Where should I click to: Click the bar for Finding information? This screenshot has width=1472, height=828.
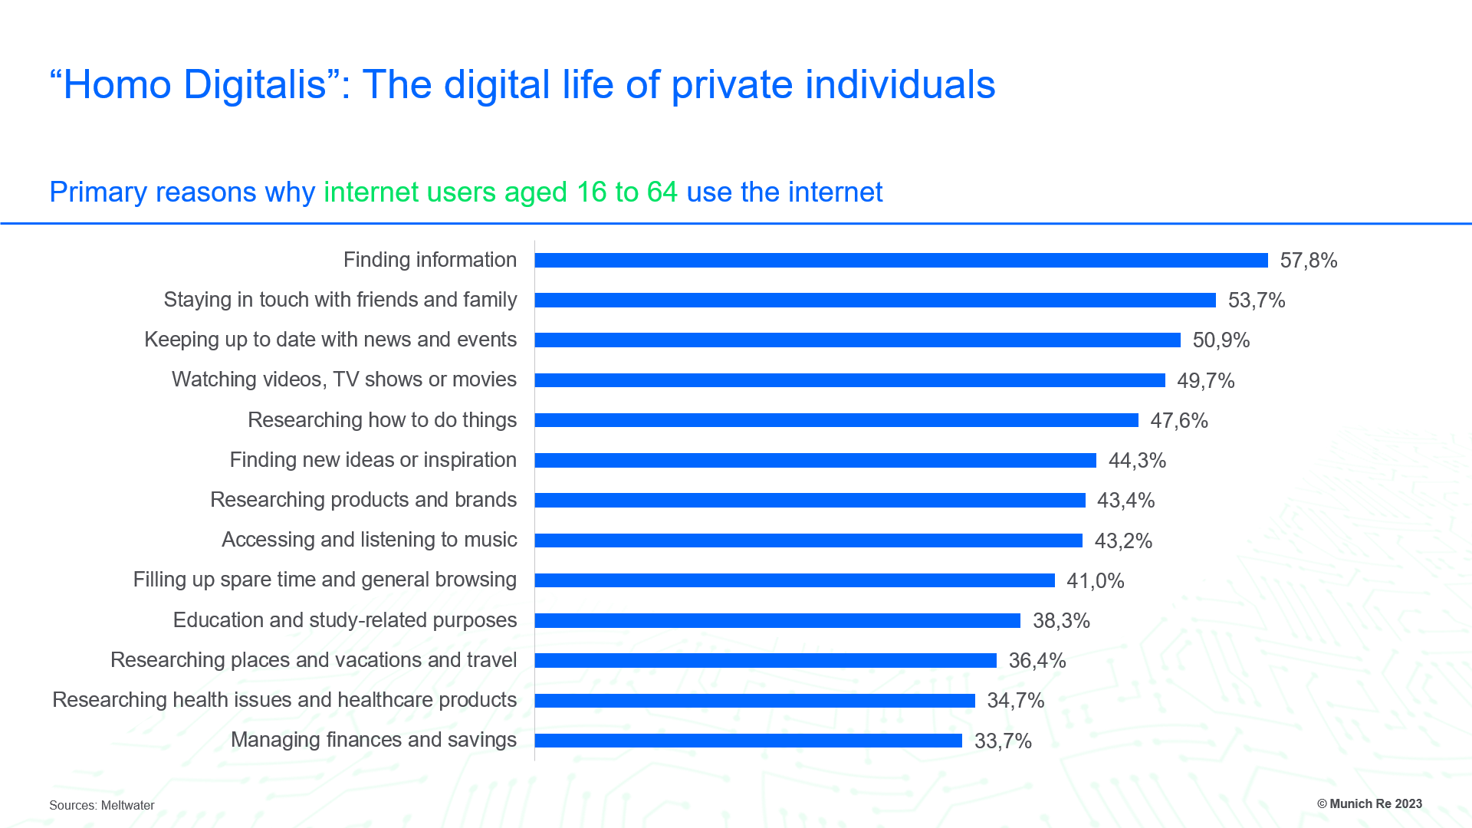(x=901, y=261)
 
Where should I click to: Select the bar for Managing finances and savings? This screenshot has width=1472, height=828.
(x=748, y=741)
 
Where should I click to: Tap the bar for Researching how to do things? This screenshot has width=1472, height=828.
(x=836, y=420)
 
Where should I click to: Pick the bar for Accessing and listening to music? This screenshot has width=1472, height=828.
(x=808, y=540)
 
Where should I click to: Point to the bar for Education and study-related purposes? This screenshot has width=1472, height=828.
(x=777, y=620)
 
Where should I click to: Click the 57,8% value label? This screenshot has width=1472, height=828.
(x=1308, y=261)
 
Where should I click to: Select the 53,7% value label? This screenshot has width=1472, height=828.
(x=1256, y=301)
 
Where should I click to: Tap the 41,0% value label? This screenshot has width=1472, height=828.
(x=1095, y=581)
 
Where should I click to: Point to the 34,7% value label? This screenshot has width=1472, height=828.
(x=1015, y=701)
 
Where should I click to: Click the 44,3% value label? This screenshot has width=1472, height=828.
(x=1137, y=461)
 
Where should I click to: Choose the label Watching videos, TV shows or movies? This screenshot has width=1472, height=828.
(x=344, y=379)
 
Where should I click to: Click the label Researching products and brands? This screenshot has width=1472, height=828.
(x=363, y=500)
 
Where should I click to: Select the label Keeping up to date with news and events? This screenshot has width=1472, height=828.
(x=330, y=340)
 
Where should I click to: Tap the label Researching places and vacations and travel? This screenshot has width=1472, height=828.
(x=314, y=660)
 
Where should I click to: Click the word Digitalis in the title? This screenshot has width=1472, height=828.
(x=255, y=84)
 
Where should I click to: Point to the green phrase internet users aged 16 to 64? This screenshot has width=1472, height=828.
(x=501, y=192)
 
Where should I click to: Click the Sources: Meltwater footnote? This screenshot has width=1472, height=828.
(x=102, y=805)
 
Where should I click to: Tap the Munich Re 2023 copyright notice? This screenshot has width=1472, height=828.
(x=1369, y=803)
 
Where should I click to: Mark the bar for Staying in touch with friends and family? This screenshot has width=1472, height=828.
(x=875, y=301)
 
